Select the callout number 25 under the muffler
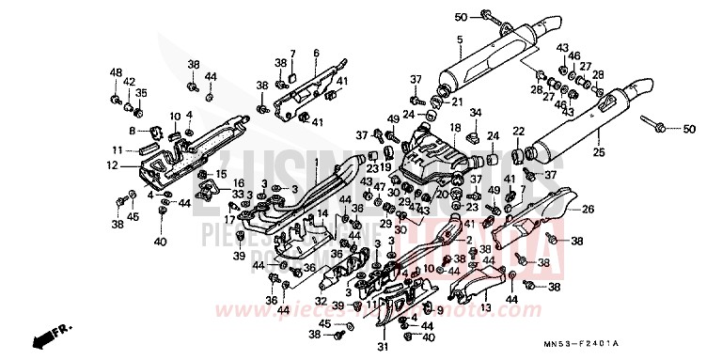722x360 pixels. click(x=599, y=150)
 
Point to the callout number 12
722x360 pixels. click(x=112, y=165)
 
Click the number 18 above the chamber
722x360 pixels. click(x=454, y=127)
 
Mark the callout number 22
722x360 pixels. click(x=517, y=131)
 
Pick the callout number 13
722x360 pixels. click(x=486, y=306)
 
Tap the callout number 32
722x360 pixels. click(x=322, y=303)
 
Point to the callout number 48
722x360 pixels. click(x=116, y=72)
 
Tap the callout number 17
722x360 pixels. click(x=229, y=219)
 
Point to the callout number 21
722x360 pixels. click(x=458, y=102)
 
